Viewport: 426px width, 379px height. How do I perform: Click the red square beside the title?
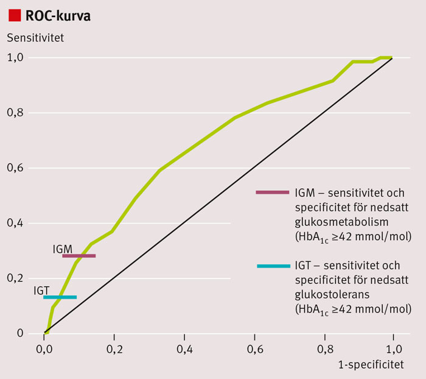pyautogui.click(x=13, y=15)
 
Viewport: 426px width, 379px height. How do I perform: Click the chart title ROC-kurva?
pyautogui.click(x=58, y=16)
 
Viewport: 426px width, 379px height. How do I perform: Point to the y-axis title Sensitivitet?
pyautogui.click(x=36, y=37)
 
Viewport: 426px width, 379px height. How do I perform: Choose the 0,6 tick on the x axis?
pyautogui.click(x=254, y=349)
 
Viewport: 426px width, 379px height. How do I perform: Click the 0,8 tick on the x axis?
pyautogui.click(x=324, y=349)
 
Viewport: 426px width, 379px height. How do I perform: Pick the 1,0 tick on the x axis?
pyautogui.click(x=393, y=349)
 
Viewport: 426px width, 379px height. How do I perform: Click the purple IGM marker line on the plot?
pyautogui.click(x=79, y=256)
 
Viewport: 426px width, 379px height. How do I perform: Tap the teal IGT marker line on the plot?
pyautogui.click(x=60, y=297)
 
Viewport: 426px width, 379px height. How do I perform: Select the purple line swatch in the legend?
pyautogui.click(x=272, y=193)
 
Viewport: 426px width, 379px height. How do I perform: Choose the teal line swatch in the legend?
pyautogui.click(x=272, y=266)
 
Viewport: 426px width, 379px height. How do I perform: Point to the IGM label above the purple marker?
pyautogui.click(x=63, y=249)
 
